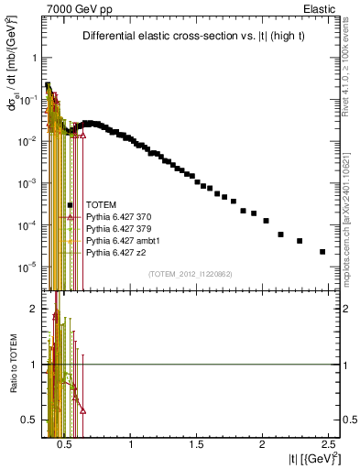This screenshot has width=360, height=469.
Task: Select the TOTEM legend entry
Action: point(100,204)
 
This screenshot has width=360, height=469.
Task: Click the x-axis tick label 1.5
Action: point(197,443)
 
